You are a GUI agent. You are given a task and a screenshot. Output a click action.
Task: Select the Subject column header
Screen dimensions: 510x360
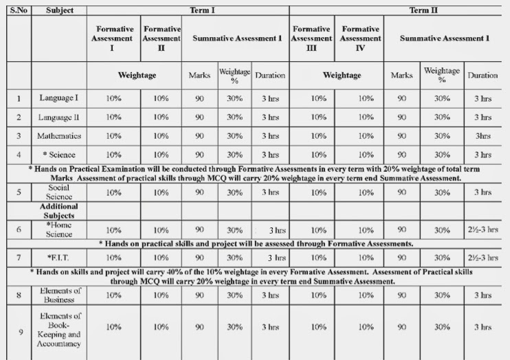point(59,10)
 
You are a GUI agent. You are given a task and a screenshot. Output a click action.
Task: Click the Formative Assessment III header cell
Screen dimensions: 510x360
point(311,38)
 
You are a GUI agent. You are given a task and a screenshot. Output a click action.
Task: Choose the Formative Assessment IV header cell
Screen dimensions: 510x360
point(360,38)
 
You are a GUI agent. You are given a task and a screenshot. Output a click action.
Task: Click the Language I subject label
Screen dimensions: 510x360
point(59,98)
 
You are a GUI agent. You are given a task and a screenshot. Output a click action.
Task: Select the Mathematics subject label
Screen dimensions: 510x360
point(59,135)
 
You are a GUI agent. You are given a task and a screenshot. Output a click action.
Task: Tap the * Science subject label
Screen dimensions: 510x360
point(59,154)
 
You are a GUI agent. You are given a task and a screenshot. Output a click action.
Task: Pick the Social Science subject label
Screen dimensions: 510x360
point(59,192)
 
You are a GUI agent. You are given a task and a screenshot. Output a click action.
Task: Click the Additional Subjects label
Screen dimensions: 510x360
point(59,210)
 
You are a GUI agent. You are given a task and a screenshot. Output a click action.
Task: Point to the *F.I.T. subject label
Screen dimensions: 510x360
point(59,258)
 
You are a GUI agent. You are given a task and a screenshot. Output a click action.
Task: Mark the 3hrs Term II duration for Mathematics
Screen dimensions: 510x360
point(483,135)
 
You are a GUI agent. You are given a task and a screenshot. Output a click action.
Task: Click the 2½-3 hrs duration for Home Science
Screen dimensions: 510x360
point(482,229)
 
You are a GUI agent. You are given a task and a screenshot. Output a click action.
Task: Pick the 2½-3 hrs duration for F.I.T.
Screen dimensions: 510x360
point(482,258)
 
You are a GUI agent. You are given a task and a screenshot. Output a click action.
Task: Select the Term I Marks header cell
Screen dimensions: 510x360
point(199,75)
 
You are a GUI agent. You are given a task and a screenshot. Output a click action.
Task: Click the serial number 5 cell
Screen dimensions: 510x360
point(19,192)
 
